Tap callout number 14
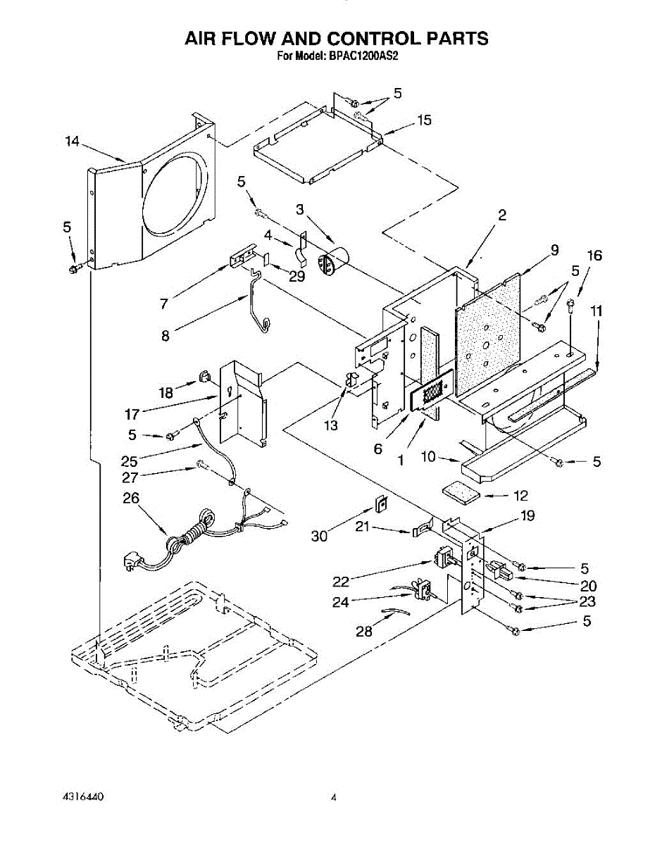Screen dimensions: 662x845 [x=73, y=141]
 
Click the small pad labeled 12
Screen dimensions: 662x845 [x=461, y=494]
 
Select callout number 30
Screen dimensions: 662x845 [x=320, y=537]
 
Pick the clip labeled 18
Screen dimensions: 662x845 [x=205, y=376]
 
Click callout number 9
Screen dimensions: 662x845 [x=555, y=250]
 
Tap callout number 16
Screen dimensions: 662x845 [x=594, y=256]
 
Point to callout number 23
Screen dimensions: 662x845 [x=587, y=601]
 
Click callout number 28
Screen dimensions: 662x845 [x=364, y=631]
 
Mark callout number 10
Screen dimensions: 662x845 [x=428, y=456]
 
